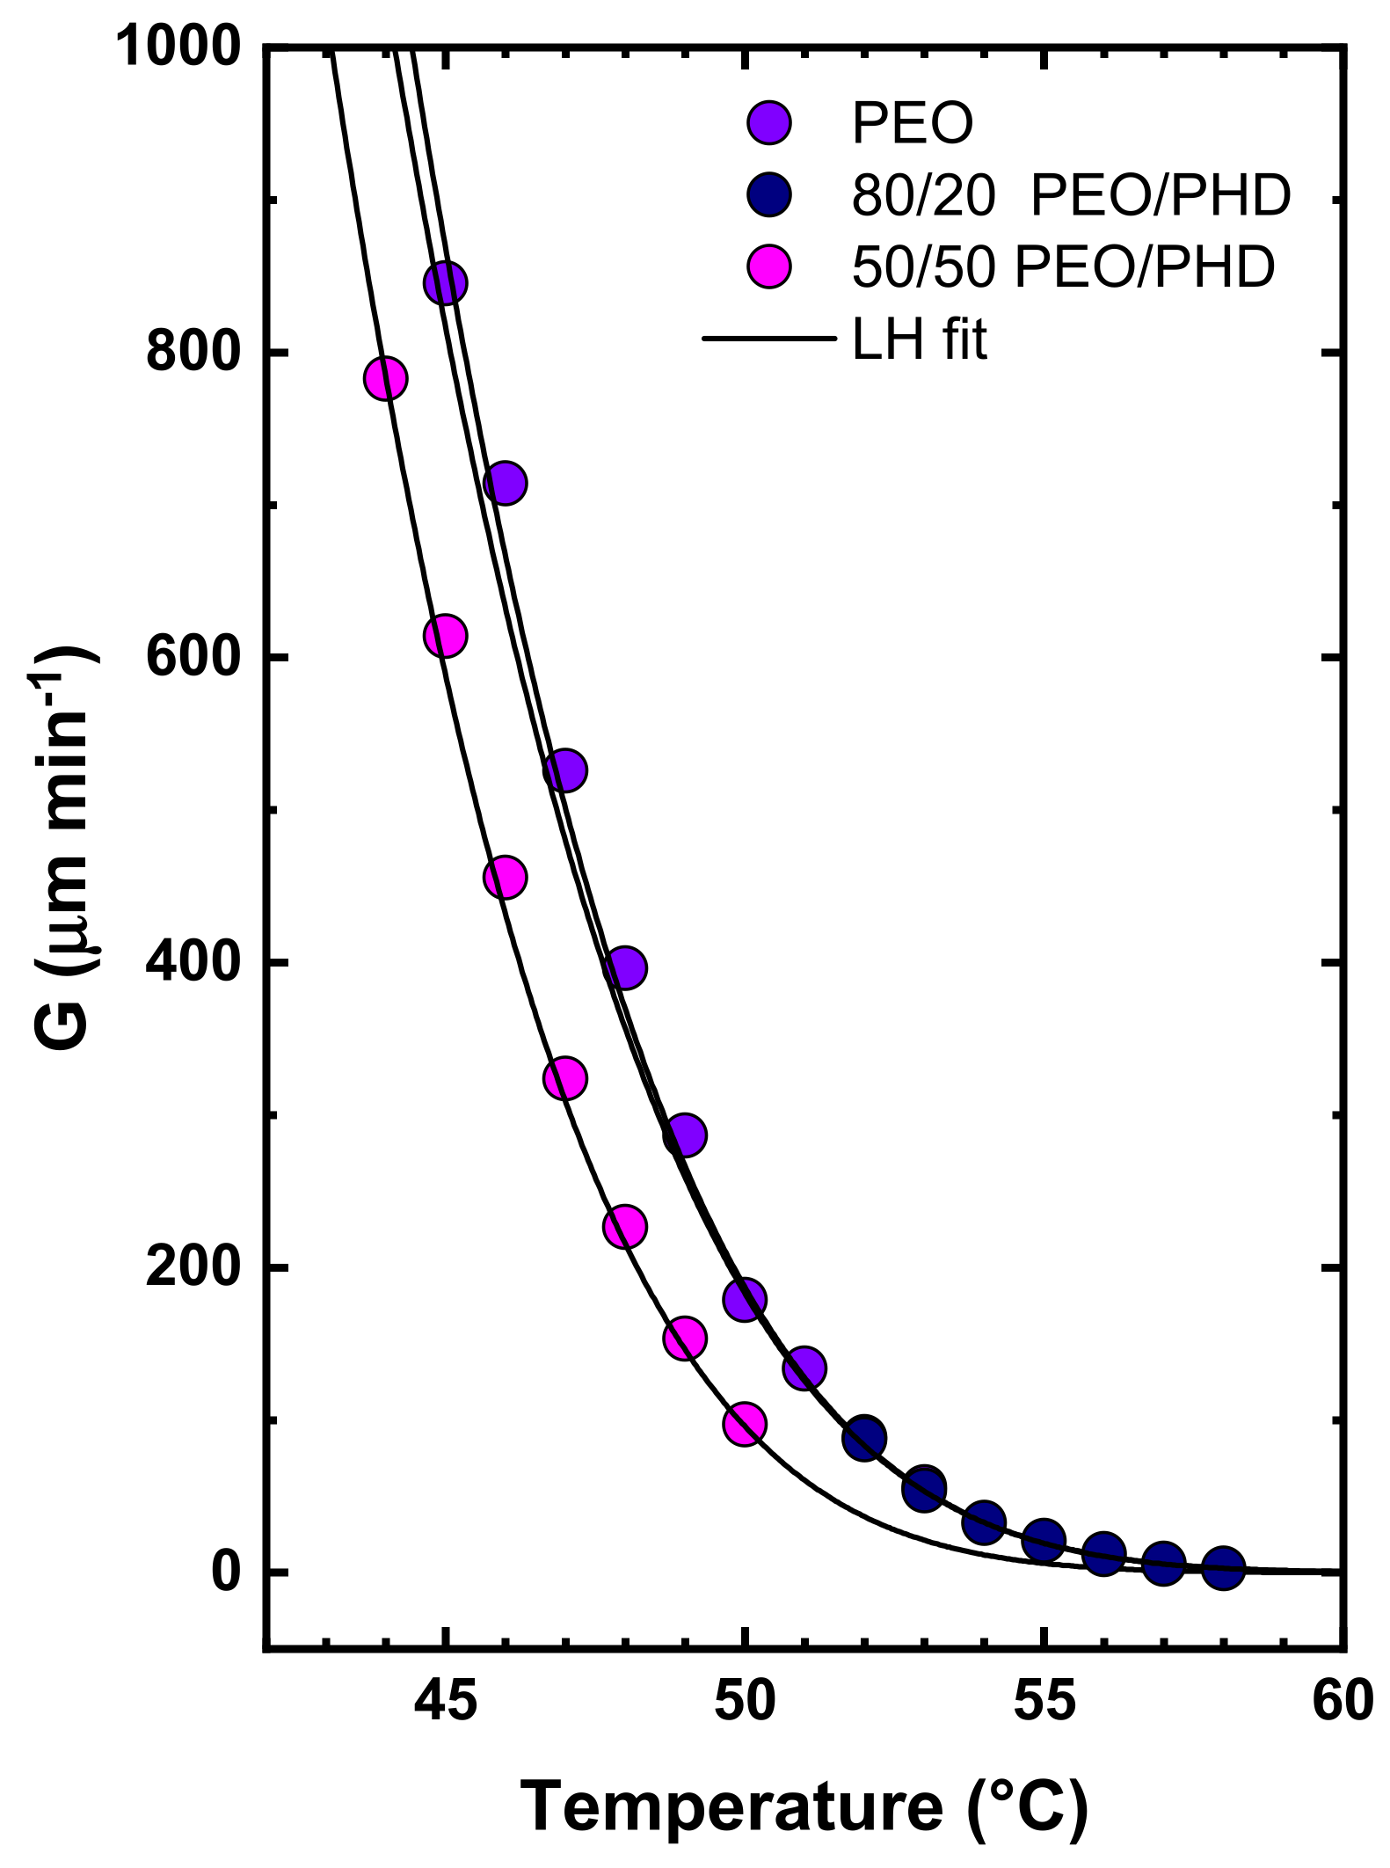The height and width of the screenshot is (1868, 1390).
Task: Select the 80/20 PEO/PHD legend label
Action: [x=1071, y=195]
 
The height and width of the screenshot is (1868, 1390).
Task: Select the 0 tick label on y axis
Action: [x=226, y=1572]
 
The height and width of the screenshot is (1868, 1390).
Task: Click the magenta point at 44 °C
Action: [x=385, y=378]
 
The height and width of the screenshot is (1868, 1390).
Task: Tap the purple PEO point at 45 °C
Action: [x=445, y=283]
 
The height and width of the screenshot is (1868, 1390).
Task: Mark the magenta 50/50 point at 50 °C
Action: [x=745, y=1424]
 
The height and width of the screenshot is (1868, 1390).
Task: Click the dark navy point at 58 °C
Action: [x=1223, y=1567]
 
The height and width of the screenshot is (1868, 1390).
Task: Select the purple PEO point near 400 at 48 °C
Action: [x=625, y=968]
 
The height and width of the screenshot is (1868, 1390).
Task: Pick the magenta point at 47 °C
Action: [x=564, y=1078]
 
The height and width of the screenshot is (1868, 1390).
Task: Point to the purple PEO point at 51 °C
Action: [x=804, y=1368]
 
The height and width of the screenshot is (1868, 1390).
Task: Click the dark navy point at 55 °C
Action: [x=1044, y=1539]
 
